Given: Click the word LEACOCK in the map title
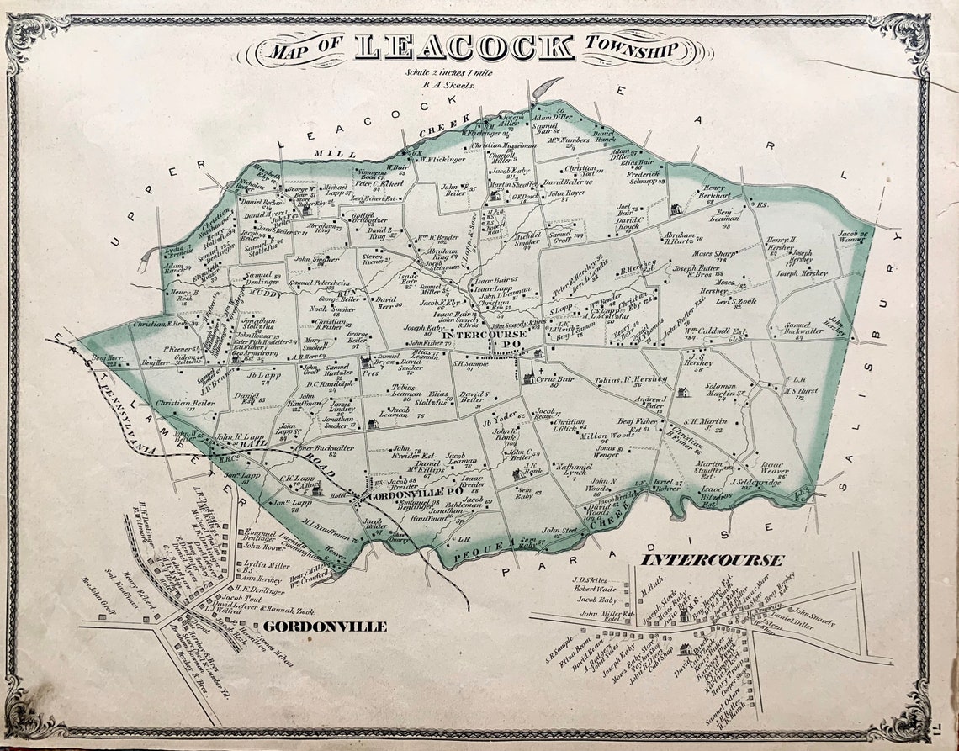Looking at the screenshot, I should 464,47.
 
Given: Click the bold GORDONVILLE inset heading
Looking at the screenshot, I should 325,627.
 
